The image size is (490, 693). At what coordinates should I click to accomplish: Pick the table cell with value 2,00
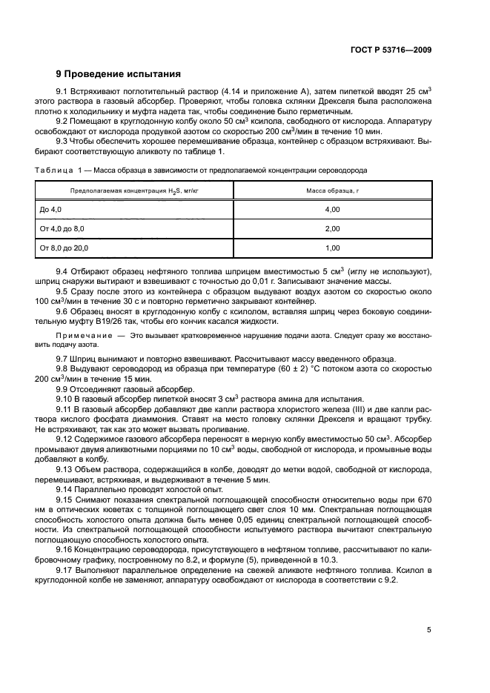pyautogui.click(x=332, y=229)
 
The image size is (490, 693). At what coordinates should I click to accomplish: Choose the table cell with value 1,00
pyautogui.click(x=332, y=248)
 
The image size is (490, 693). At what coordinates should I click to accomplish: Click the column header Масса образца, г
pyautogui.click(x=332, y=191)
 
